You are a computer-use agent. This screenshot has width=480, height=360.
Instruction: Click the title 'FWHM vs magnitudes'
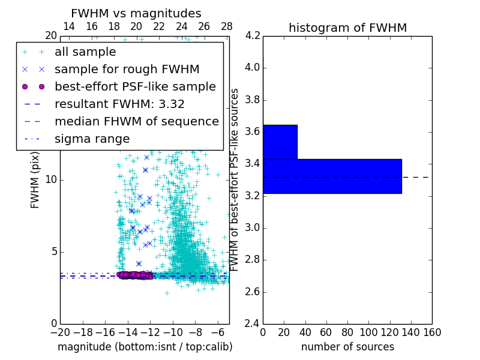(x=136, y=14)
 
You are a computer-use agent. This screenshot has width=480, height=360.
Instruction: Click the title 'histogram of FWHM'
(x=347, y=28)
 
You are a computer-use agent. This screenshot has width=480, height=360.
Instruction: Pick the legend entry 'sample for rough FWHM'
(x=127, y=69)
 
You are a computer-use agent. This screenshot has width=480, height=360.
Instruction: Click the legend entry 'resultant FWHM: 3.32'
(x=119, y=104)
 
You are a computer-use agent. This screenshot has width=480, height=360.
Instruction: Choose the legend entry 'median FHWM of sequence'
(x=137, y=121)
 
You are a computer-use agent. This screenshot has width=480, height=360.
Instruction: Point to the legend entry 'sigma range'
(x=92, y=139)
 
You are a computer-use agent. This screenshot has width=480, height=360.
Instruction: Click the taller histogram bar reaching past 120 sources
(x=332, y=176)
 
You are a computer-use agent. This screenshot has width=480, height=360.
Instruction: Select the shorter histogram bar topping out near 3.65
(x=280, y=142)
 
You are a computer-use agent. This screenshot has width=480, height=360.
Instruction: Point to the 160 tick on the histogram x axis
(x=432, y=332)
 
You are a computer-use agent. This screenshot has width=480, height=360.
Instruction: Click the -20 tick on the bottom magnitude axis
(x=60, y=332)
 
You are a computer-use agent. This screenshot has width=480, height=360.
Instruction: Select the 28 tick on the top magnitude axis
(x=227, y=27)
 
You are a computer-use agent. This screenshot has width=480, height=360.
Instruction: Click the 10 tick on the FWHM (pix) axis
(x=51, y=179)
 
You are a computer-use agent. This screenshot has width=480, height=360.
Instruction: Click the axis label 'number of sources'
(x=347, y=347)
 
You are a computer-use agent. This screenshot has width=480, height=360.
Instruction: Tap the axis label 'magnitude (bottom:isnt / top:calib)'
(x=145, y=347)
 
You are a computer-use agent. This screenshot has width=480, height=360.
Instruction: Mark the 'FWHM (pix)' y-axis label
(x=35, y=179)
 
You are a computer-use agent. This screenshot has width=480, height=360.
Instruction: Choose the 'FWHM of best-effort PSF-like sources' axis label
(x=235, y=179)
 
